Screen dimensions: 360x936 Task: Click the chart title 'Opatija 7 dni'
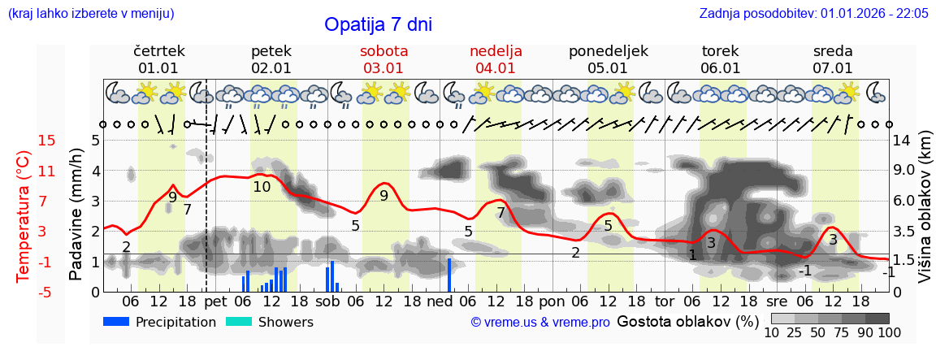(x=378, y=24)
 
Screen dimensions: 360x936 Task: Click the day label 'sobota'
(x=383, y=51)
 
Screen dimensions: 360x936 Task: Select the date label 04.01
(x=496, y=68)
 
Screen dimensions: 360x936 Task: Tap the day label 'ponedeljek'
(x=608, y=51)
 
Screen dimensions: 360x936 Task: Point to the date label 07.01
(x=833, y=68)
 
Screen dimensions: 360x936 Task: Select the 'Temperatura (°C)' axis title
(x=23, y=215)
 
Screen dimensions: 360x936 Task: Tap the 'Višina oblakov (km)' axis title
(x=925, y=215)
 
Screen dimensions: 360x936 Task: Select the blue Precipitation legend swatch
(x=117, y=322)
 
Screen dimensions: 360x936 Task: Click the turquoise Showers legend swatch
(x=239, y=322)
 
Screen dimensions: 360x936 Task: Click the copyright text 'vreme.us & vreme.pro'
(x=540, y=323)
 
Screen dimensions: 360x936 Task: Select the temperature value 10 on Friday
(x=262, y=187)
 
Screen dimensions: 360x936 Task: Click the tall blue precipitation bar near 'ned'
(x=449, y=275)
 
